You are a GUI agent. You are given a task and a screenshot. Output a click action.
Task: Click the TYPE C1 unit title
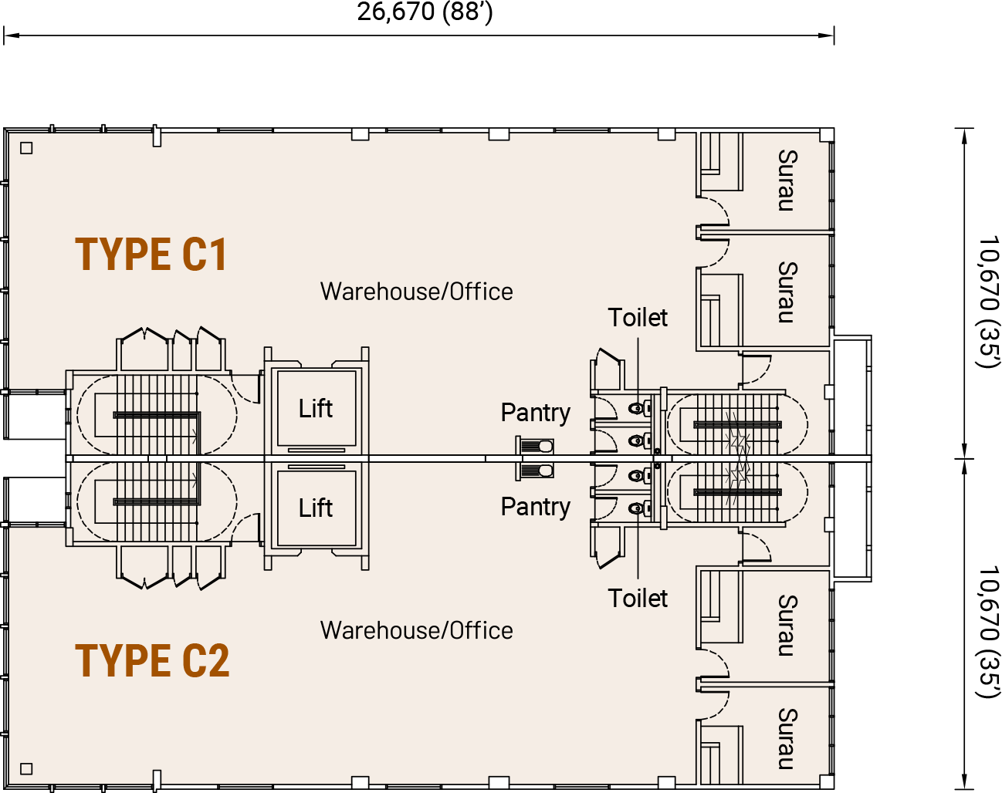151,254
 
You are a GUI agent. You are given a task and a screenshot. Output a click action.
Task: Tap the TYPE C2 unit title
152,660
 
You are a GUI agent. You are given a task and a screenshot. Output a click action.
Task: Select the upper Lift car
317,408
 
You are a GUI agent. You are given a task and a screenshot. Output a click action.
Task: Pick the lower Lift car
317,508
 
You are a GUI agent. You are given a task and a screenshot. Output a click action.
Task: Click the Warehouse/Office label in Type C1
417,292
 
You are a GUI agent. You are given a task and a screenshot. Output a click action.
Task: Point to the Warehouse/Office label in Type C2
417,630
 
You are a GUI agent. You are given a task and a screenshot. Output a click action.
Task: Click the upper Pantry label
536,413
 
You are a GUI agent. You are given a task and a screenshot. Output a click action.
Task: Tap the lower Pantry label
536,508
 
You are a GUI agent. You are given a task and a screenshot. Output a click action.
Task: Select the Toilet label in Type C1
638,318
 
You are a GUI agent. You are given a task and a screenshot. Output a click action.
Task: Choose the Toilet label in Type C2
638,599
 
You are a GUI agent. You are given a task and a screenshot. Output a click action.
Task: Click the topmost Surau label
788,181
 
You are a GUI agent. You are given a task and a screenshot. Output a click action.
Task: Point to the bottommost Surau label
788,739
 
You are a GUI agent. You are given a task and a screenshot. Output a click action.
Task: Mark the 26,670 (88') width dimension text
425,12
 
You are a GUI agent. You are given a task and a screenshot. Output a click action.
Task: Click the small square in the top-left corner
26,148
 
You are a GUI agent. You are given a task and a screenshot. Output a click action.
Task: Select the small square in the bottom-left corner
26,769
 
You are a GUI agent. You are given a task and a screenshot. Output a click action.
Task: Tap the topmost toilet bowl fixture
640,409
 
